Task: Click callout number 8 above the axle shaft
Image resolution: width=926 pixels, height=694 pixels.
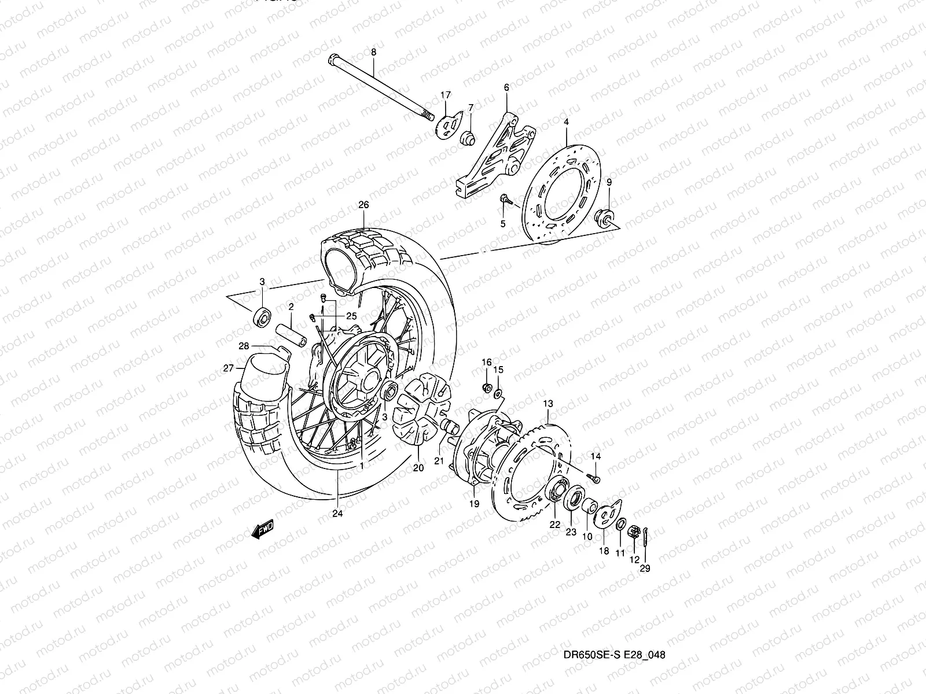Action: (373, 52)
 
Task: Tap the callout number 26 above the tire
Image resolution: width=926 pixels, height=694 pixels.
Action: (363, 205)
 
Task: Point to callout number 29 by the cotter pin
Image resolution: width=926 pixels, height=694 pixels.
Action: (645, 569)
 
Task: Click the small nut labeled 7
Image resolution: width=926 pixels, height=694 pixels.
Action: (468, 139)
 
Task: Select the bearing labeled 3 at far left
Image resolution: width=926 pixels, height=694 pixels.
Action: (262, 316)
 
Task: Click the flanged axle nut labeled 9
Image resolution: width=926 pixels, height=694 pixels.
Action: (604, 219)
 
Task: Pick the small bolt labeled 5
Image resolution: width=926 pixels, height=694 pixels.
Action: (505, 200)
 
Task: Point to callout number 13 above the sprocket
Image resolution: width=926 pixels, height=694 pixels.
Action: (549, 403)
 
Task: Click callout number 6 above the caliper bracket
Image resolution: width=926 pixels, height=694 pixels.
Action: (506, 87)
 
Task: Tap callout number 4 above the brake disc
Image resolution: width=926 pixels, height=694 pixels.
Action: (567, 122)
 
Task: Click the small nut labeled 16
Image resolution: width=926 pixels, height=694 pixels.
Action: (487, 386)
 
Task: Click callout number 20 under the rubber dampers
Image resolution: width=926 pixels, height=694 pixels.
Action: (418, 468)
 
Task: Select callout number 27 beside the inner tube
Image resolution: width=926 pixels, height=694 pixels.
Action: (229, 368)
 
